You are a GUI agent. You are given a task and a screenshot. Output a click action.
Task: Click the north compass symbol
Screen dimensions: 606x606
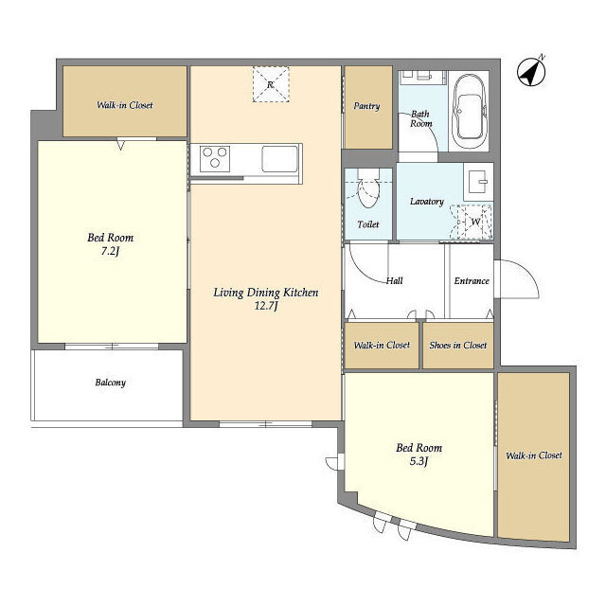pyautogui.click(x=531, y=72)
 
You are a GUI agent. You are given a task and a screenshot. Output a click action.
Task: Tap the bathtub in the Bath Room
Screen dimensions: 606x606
pyautogui.click(x=470, y=111)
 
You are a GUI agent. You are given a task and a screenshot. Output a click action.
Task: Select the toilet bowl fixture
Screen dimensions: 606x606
pyautogui.click(x=368, y=188)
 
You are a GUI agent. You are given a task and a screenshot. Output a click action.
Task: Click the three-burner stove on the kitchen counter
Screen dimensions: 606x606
pyautogui.click(x=215, y=159)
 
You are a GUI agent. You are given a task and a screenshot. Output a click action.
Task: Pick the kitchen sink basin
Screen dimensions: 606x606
pyautogui.click(x=280, y=159)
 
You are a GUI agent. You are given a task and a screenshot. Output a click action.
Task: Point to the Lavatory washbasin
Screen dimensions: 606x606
pyautogui.click(x=478, y=182)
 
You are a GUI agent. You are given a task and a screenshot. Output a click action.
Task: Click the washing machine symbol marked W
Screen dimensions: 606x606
pyautogui.click(x=475, y=222)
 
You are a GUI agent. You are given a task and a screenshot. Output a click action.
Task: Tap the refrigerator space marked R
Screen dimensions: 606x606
pyautogui.click(x=271, y=84)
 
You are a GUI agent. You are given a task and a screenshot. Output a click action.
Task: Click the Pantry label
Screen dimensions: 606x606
pyautogui.click(x=366, y=106)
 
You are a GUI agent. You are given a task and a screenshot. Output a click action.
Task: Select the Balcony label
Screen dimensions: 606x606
pyautogui.click(x=111, y=383)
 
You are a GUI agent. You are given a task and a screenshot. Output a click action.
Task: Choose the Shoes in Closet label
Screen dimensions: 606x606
pyautogui.click(x=458, y=345)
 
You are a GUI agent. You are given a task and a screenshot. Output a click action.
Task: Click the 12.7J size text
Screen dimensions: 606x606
pyautogui.click(x=266, y=307)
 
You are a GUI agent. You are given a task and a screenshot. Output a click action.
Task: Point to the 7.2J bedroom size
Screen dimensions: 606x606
pyautogui.click(x=110, y=252)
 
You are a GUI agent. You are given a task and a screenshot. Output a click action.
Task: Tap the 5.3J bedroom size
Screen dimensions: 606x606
pyautogui.click(x=419, y=461)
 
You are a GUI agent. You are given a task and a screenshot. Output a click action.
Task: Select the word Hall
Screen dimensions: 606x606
pyautogui.click(x=395, y=280)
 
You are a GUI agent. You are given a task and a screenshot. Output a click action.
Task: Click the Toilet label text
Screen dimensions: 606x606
pyautogui.click(x=368, y=224)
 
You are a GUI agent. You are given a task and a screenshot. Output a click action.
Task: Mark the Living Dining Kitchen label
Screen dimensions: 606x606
pyautogui.click(x=266, y=293)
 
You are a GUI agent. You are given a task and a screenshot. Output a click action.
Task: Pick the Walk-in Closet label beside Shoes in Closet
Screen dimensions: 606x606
pyautogui.click(x=382, y=345)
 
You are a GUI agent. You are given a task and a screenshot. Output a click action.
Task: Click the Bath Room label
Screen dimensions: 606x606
pyautogui.click(x=420, y=118)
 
